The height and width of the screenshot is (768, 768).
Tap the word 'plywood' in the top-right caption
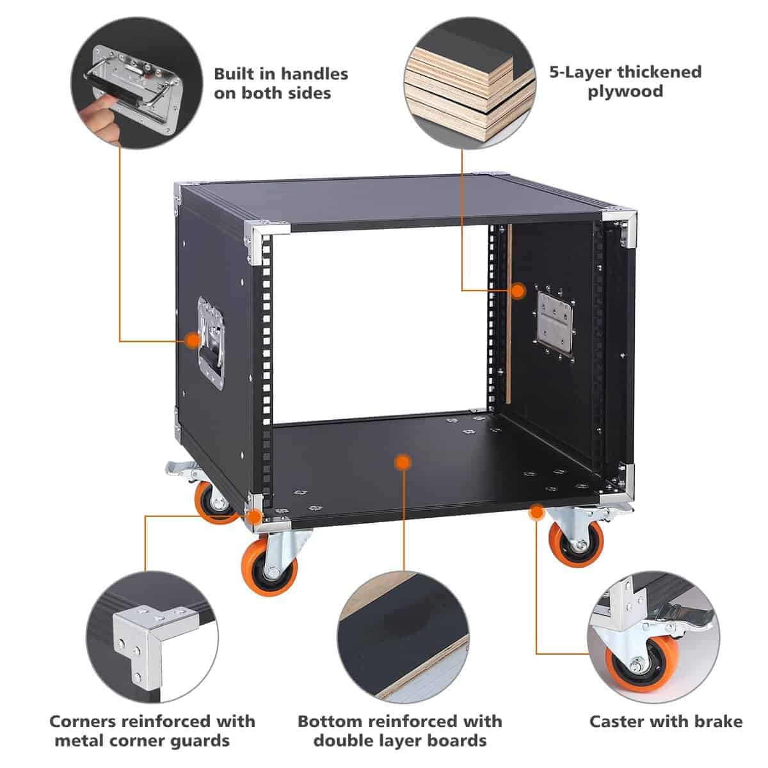point(625,91)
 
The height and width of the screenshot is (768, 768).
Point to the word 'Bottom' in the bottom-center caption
point(329,722)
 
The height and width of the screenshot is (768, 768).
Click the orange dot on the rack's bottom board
point(402,462)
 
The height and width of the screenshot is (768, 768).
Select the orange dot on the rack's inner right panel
point(517,290)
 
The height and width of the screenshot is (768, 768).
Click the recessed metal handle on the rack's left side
point(211,342)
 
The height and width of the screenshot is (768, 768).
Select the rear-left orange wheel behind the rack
point(211,502)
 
